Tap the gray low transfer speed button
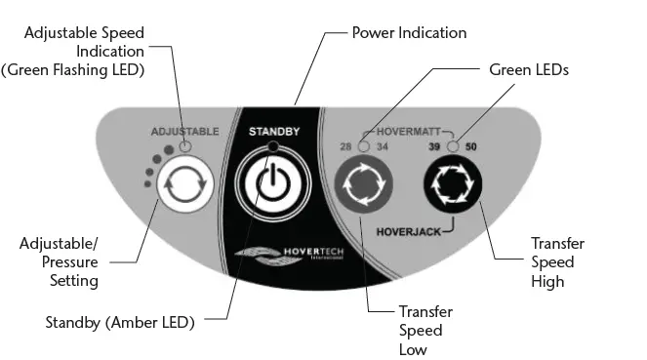tap(364, 183)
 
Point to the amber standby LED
tap(272, 146)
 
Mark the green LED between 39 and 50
tap(453, 146)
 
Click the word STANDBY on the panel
tap(272, 130)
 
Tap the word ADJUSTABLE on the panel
tap(183, 130)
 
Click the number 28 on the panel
tap(345, 146)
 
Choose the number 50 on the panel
tap(472, 146)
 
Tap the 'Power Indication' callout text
tap(409, 33)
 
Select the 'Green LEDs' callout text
tap(528, 70)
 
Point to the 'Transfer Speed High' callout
tap(552, 261)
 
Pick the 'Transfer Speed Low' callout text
tap(425, 330)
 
